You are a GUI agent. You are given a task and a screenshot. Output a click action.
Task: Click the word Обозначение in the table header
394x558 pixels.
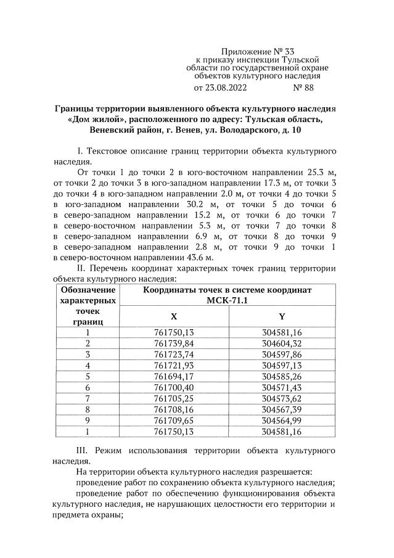tap(87, 290)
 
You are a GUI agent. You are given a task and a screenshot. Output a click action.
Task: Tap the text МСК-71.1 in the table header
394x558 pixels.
tap(228, 300)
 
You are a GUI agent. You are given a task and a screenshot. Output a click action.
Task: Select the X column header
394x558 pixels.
tap(174, 316)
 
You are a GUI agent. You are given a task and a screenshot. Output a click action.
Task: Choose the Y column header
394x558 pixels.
tap(282, 316)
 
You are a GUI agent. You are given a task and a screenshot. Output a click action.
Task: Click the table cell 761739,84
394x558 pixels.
tap(174, 343)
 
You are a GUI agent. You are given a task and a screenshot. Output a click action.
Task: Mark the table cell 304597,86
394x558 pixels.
tap(282, 354)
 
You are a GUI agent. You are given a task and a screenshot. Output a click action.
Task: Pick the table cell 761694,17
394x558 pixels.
tap(174, 375)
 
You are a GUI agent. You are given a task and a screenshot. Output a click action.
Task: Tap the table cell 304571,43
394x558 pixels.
tap(282, 387)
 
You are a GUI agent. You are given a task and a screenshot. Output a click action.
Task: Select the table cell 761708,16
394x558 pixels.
tap(174, 408)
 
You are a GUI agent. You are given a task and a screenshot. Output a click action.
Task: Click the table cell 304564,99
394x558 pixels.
tap(282, 419)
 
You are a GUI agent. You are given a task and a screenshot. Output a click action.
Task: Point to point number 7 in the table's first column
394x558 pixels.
tap(88, 398)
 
